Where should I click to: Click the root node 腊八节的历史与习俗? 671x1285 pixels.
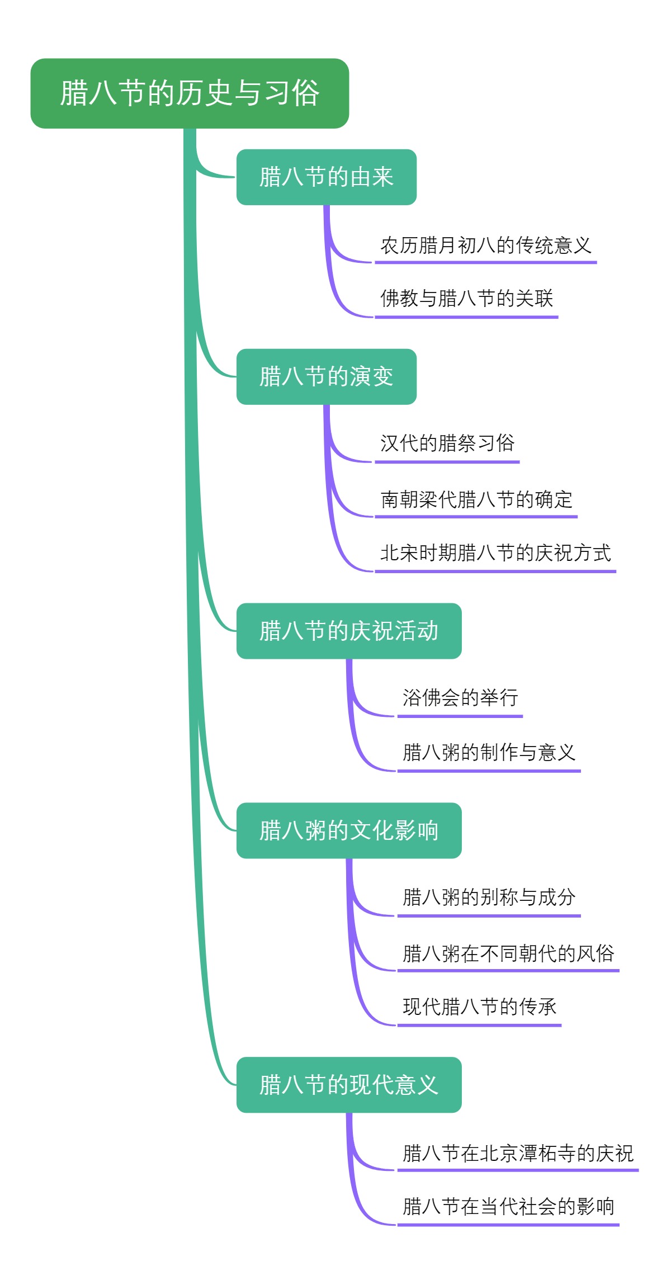[190, 93]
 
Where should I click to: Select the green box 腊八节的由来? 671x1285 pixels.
[326, 177]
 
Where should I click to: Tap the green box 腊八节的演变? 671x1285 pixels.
[326, 377]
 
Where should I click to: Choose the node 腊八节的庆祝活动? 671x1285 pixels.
[349, 631]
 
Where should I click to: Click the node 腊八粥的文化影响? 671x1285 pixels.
[349, 831]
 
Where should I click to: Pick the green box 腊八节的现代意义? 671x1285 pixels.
[349, 1085]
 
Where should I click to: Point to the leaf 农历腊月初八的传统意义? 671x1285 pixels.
[485, 245]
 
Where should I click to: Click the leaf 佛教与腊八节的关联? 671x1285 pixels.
[466, 299]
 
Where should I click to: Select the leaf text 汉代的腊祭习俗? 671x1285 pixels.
[447, 443]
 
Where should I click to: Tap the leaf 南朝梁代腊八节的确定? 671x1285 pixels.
[476, 499]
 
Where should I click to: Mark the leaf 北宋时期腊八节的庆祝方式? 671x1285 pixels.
[495, 553]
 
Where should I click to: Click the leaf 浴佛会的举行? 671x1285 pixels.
[460, 698]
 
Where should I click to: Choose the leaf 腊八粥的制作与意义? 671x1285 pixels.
[489, 753]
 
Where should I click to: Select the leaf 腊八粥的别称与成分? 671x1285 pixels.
[489, 897]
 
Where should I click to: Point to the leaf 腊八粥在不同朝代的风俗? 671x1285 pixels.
[508, 953]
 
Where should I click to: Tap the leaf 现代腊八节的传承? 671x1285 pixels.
[479, 1007]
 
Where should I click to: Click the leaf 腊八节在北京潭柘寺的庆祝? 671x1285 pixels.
[518, 1153]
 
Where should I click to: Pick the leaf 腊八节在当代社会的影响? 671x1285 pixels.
[508, 1207]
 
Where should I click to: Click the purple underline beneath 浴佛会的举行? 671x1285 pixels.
[460, 716]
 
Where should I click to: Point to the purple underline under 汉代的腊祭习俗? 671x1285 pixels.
[447, 462]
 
